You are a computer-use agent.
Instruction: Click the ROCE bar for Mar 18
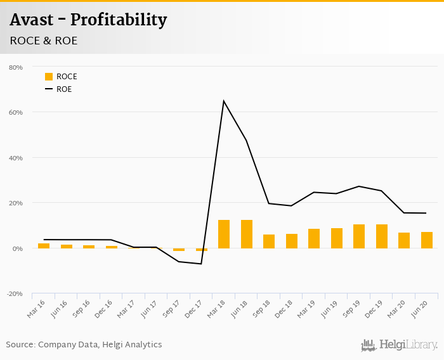click(x=224, y=234)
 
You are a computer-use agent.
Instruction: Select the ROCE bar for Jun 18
click(x=246, y=234)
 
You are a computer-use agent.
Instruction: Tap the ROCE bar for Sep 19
click(x=359, y=236)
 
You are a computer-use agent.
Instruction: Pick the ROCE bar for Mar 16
click(x=44, y=246)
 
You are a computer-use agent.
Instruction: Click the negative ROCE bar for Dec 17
click(x=201, y=250)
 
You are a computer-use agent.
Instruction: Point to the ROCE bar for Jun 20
click(x=427, y=240)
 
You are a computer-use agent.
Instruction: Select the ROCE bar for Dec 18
click(x=291, y=241)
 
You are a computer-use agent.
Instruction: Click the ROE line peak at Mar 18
click(x=224, y=101)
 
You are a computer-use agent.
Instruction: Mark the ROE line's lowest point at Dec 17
click(x=201, y=264)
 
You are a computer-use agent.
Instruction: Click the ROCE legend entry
click(x=61, y=77)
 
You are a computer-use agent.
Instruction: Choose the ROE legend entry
click(x=58, y=89)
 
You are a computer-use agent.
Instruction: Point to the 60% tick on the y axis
click(x=15, y=113)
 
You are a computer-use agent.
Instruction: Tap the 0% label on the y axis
click(x=17, y=248)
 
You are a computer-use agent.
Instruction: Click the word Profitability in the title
click(x=119, y=20)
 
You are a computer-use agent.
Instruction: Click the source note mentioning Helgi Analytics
click(x=84, y=345)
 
